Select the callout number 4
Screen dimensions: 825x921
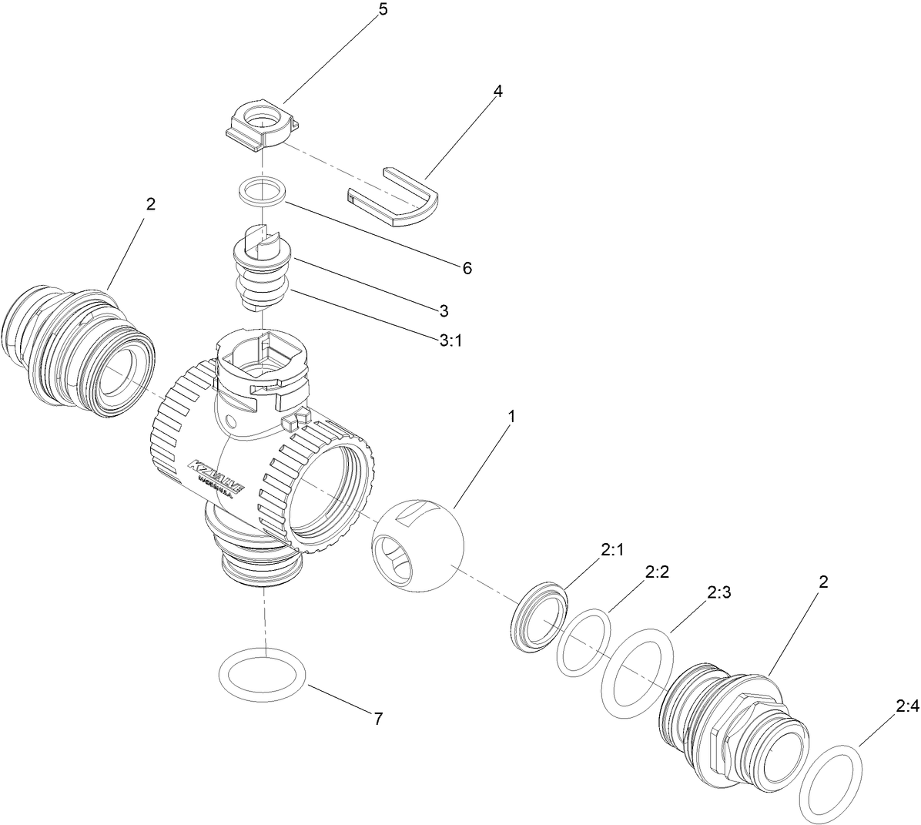498,91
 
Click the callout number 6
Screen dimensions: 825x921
467,268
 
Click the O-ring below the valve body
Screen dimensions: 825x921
262,674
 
